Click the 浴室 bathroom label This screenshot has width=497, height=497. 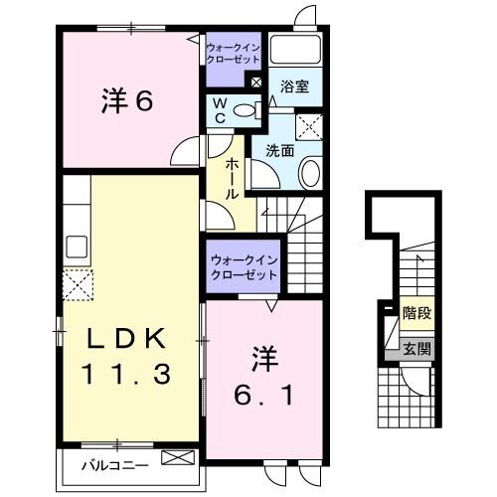[294, 86]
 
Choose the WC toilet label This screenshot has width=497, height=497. [219, 109]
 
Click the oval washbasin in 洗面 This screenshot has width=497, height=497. [309, 174]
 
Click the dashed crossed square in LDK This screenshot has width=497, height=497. [79, 284]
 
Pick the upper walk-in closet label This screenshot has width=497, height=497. [232, 52]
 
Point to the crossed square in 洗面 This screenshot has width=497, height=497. [310, 124]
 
